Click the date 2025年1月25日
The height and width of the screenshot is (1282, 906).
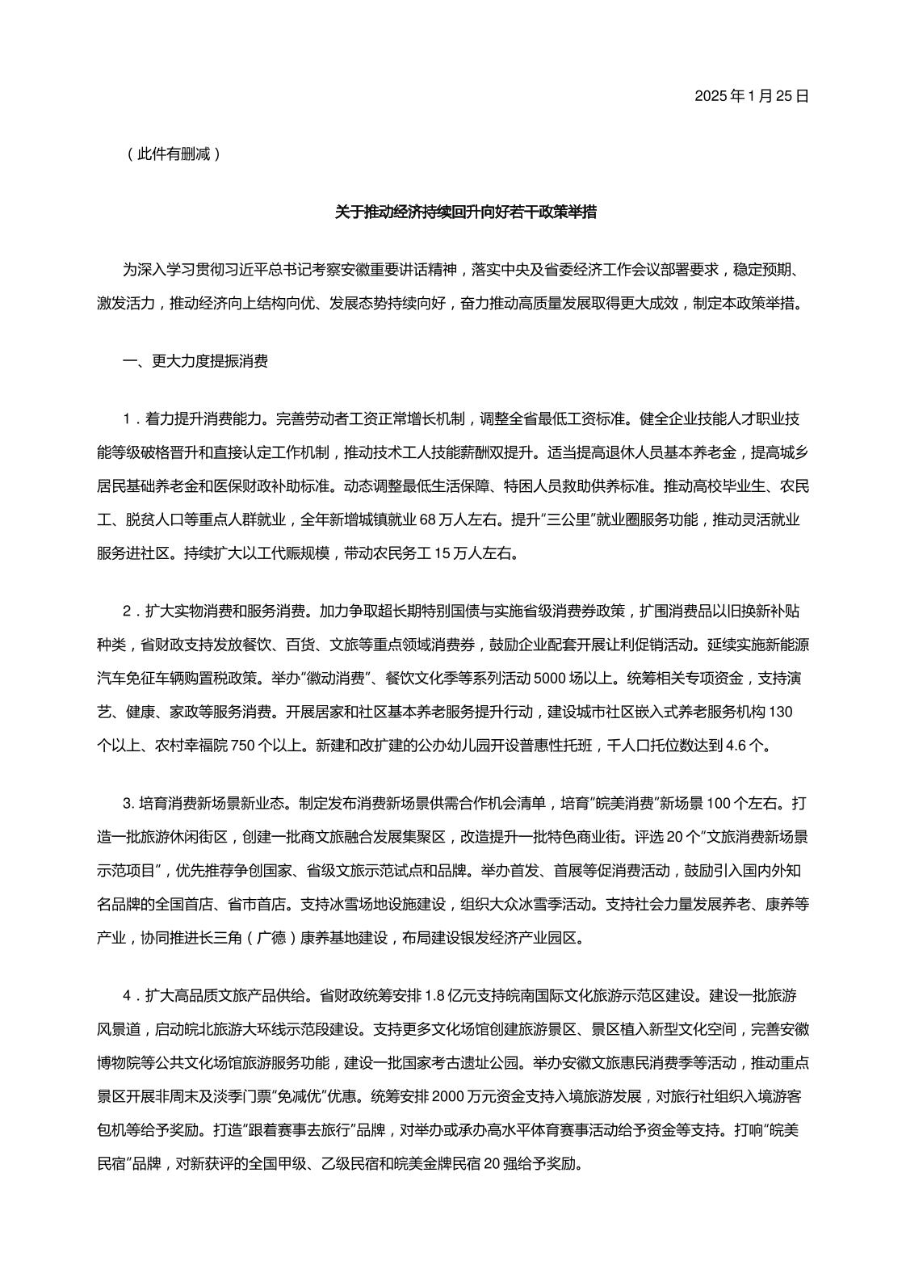(x=751, y=96)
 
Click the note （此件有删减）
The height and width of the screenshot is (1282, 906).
(x=173, y=153)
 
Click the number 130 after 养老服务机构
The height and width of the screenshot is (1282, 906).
(x=773, y=712)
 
